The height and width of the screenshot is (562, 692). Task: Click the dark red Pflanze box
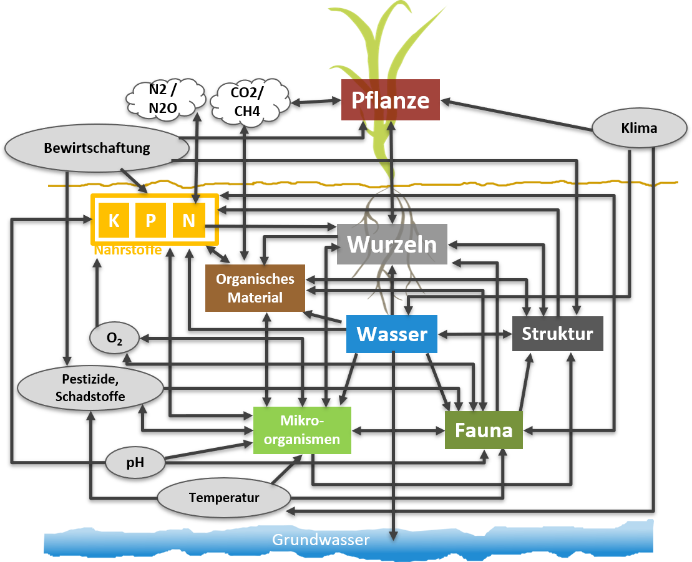pyautogui.click(x=391, y=100)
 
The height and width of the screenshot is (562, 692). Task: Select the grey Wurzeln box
pyautogui.click(x=392, y=244)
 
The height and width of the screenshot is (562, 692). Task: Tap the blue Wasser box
pyautogui.click(x=392, y=334)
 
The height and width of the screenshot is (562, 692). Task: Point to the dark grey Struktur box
pyautogui.click(x=557, y=333)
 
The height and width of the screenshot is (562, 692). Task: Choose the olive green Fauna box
pyautogui.click(x=484, y=430)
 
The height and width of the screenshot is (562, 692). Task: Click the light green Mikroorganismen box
pyautogui.click(x=302, y=430)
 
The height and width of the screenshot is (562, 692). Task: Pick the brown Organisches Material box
pyautogui.click(x=255, y=288)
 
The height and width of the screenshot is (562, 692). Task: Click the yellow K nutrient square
pyautogui.click(x=114, y=220)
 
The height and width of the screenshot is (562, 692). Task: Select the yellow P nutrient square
pyautogui.click(x=150, y=220)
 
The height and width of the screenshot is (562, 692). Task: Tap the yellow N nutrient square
pyautogui.click(x=188, y=220)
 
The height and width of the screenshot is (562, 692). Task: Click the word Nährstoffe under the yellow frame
pyautogui.click(x=128, y=250)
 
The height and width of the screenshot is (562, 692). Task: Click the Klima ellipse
pyautogui.click(x=639, y=128)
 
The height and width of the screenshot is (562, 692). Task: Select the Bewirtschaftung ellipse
pyautogui.click(x=97, y=148)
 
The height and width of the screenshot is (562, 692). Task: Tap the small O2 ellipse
pyautogui.click(x=114, y=339)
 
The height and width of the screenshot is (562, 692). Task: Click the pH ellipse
pyautogui.click(x=135, y=463)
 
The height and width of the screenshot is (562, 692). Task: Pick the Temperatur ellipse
pyautogui.click(x=224, y=498)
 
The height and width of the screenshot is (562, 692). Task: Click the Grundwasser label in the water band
pyautogui.click(x=321, y=540)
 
